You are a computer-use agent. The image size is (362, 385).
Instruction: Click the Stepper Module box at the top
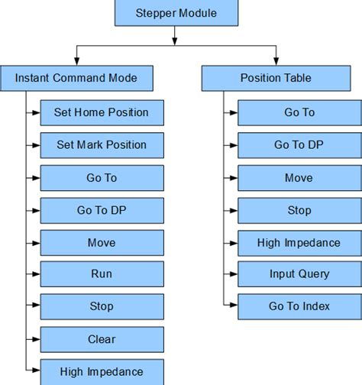point(176,13)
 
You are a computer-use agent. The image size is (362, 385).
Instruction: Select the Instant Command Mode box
point(77,77)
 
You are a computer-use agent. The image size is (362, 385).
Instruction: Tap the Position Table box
point(275,77)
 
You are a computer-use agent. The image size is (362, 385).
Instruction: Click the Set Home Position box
point(101,112)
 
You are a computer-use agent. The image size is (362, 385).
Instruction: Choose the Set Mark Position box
point(101,144)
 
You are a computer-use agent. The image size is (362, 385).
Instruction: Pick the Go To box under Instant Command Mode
point(101,177)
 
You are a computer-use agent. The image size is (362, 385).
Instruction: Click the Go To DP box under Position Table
point(299,144)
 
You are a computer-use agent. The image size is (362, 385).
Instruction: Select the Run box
point(101,273)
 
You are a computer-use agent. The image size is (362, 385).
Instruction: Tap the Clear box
point(101,338)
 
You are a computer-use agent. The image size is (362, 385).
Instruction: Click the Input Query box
point(299,273)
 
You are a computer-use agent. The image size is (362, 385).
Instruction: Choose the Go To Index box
point(299,306)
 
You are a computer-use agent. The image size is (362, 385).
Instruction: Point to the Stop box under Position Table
point(299,209)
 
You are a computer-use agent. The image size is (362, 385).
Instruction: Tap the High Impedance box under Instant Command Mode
point(101,371)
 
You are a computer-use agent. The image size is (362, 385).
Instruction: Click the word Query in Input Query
point(314,273)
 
